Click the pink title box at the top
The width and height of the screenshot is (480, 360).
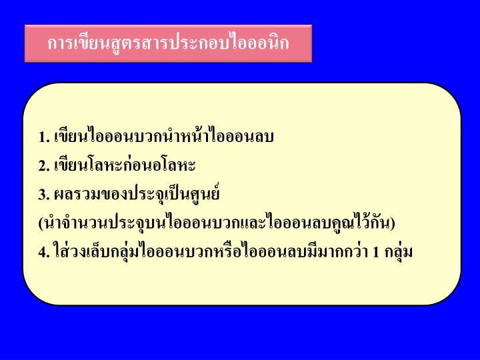point(168,43)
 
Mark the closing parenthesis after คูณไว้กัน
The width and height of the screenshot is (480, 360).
point(393,223)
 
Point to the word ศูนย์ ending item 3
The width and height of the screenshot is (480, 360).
point(203,195)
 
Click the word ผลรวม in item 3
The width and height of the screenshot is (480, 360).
point(71,195)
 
